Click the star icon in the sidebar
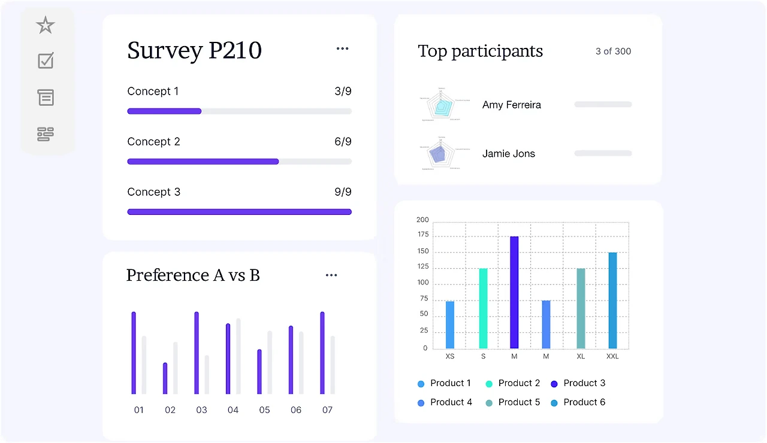(x=46, y=25)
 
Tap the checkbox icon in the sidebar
(x=46, y=60)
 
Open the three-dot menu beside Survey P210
(x=342, y=48)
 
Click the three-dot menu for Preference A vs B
(x=331, y=275)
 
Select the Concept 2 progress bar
(x=239, y=162)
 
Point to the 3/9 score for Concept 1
(x=343, y=92)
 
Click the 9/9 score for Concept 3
(x=343, y=192)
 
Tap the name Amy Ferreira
(x=511, y=105)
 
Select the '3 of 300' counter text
(x=613, y=51)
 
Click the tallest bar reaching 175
(x=514, y=292)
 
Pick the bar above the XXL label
(x=612, y=300)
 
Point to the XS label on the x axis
(x=450, y=356)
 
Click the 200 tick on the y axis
(x=422, y=220)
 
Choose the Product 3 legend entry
(x=578, y=383)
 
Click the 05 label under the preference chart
(x=264, y=410)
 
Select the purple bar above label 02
(x=165, y=378)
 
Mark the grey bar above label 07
(x=333, y=365)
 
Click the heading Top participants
(x=480, y=51)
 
